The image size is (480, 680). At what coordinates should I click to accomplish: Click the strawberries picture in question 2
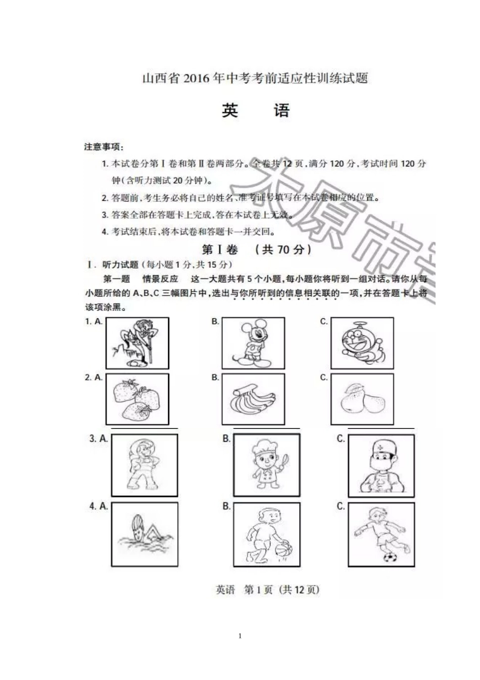[x=137, y=400]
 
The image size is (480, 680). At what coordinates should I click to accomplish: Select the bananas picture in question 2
[x=253, y=400]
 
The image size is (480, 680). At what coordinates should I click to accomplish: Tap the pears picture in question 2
[x=362, y=400]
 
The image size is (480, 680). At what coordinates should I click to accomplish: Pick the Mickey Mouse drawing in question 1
[x=253, y=343]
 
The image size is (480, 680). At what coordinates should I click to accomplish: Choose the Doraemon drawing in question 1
[x=362, y=343]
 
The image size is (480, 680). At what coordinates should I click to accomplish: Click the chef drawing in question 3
[x=266, y=466]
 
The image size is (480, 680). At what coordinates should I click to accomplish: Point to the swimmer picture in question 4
[x=145, y=534]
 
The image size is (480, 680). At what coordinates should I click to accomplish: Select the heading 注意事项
[x=104, y=147]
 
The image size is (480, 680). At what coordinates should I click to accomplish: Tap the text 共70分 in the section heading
[x=283, y=249]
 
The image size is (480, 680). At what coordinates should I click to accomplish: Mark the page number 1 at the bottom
[x=240, y=636]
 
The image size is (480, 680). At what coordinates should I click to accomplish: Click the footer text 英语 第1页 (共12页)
[x=267, y=590]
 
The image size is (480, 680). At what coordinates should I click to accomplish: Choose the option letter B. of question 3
[x=226, y=439]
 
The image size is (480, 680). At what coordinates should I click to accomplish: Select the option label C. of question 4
[x=341, y=506]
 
